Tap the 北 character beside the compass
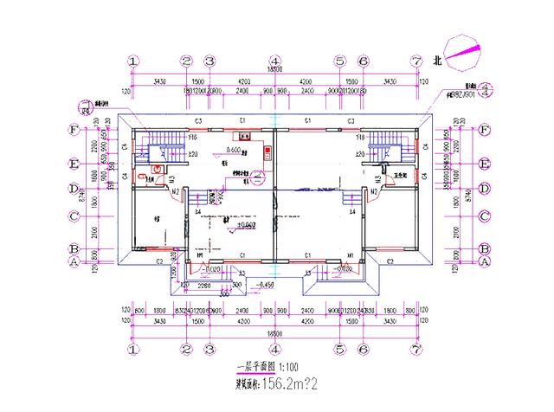pos(437,61)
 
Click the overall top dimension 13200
pos(275,69)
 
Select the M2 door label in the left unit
pos(176,191)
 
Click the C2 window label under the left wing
pos(160,261)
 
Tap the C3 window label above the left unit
pos(198,119)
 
